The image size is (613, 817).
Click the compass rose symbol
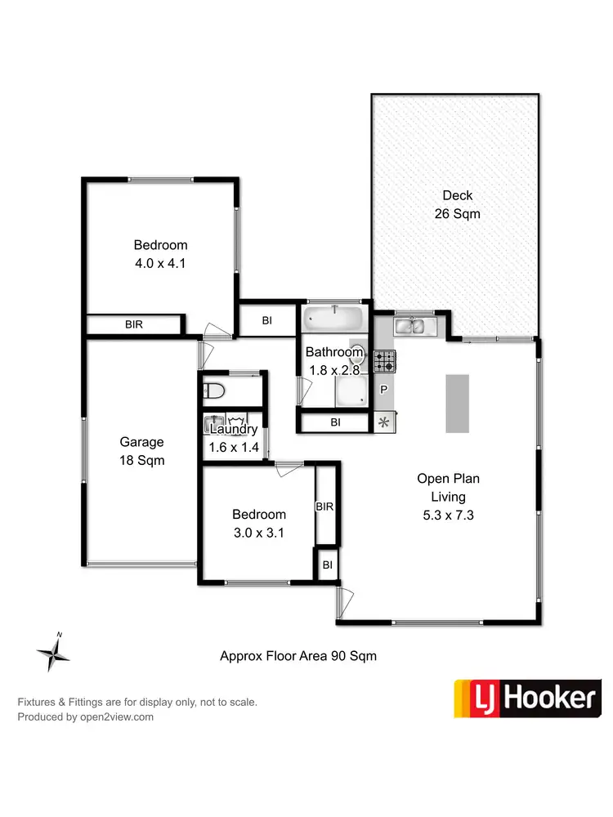tap(55, 653)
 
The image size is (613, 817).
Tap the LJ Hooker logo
tap(527, 699)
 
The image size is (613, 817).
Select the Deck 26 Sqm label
tap(457, 204)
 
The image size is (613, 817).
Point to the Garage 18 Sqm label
tap(141, 451)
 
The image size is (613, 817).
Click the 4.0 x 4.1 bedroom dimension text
tap(160, 263)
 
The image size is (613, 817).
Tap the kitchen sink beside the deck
tap(416, 327)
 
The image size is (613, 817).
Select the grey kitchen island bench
tap(457, 403)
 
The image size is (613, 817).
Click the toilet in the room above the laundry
tap(214, 389)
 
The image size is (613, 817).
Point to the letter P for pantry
tap(383, 391)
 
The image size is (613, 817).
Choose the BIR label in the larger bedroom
tap(134, 324)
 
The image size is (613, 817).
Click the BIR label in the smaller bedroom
tap(324, 507)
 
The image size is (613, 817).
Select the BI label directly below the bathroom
tap(336, 422)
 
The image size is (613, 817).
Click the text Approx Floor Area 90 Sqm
tap(298, 656)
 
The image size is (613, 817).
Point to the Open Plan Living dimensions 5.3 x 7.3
tap(441, 516)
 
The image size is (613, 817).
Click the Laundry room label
tap(234, 429)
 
